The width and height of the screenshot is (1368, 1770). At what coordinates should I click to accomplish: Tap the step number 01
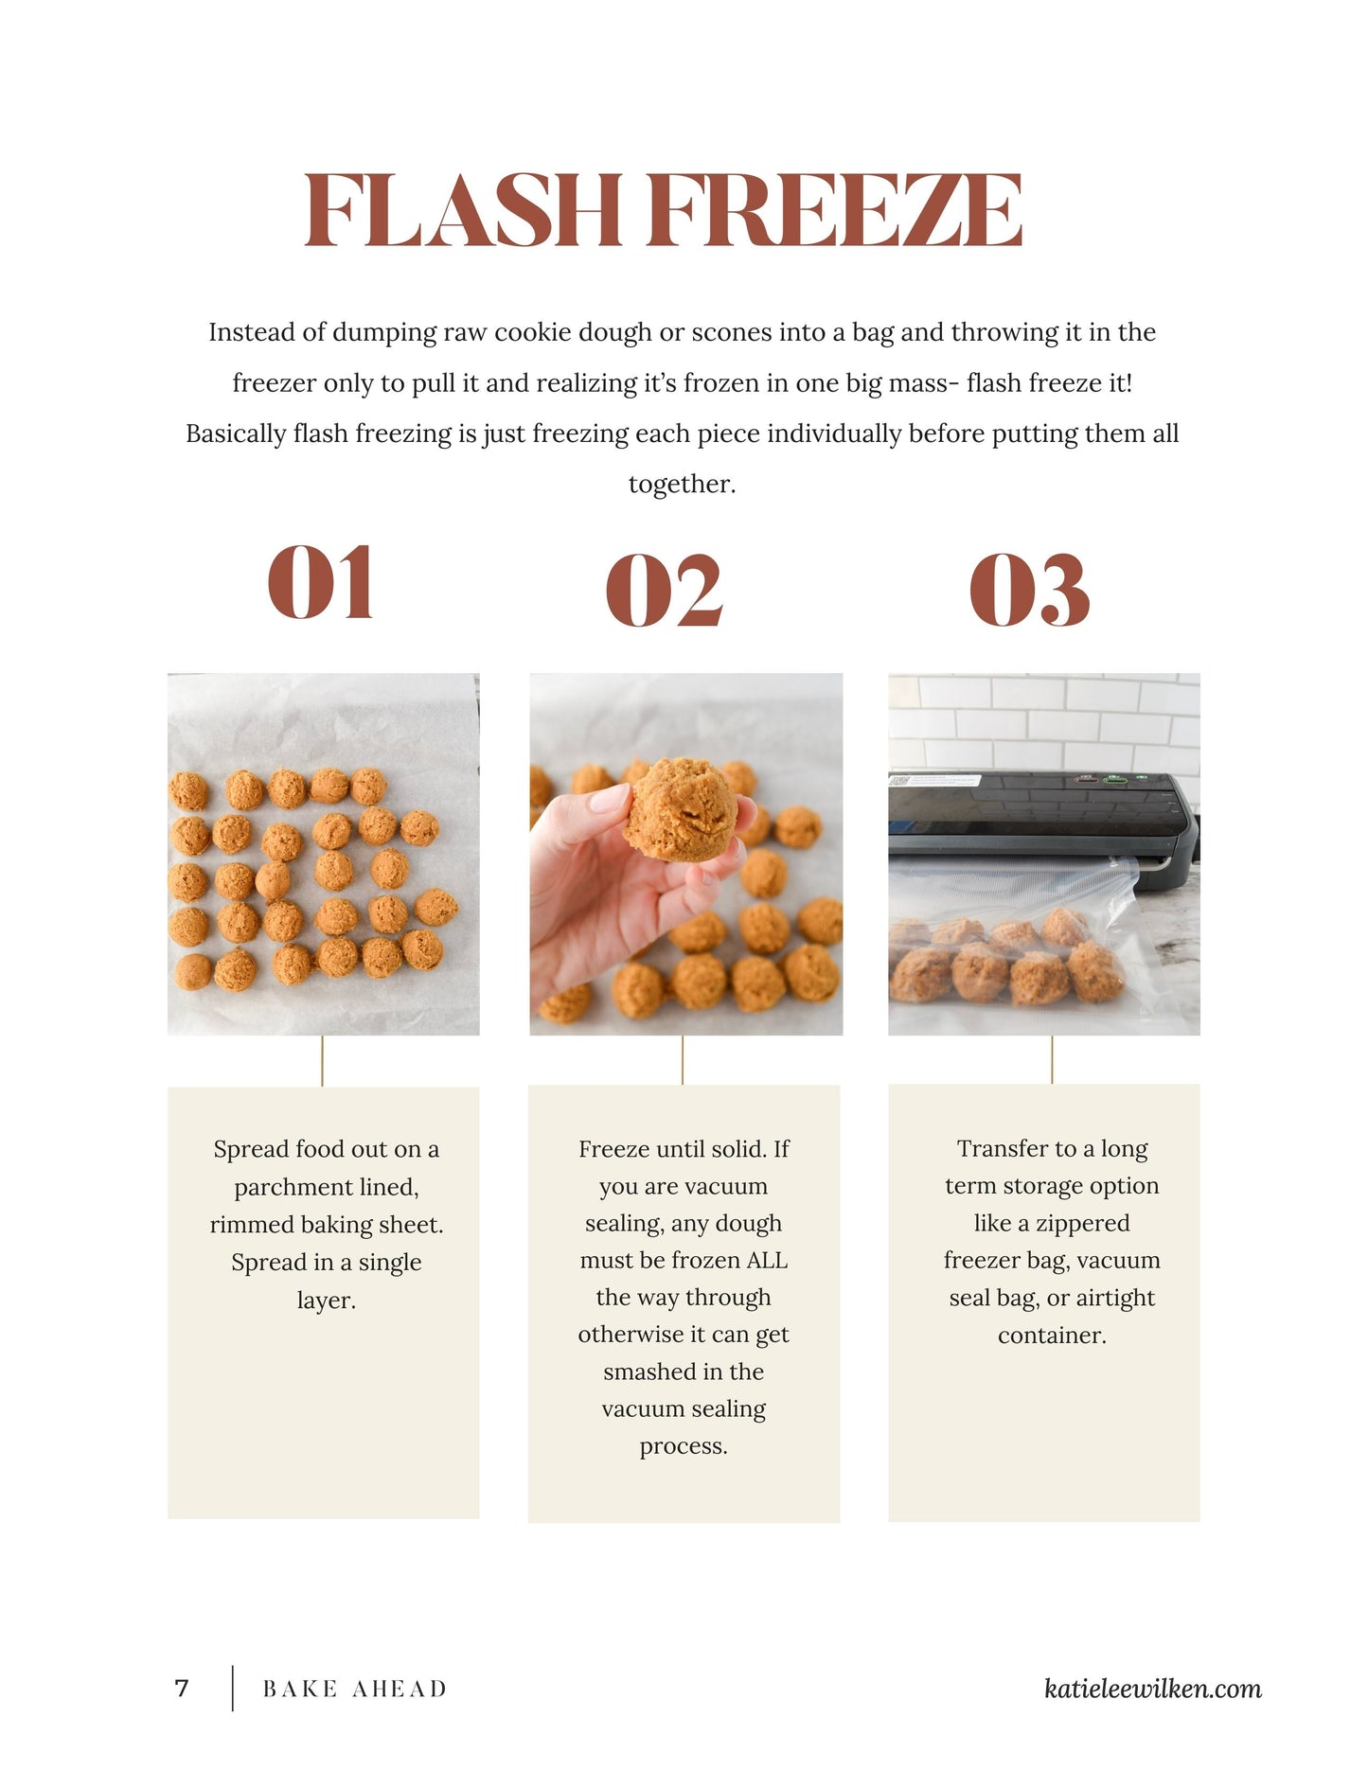click(x=320, y=583)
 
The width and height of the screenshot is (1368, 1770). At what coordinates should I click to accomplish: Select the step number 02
click(x=664, y=591)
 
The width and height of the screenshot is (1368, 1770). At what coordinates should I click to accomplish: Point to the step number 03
click(x=1029, y=591)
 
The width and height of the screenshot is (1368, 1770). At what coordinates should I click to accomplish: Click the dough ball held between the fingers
click(x=680, y=809)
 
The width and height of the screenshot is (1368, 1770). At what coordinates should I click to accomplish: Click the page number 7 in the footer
click(x=182, y=1689)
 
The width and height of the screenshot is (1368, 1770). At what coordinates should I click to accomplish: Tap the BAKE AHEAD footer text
click(x=354, y=1690)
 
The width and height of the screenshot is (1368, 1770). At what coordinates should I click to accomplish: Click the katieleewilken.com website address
click(x=1152, y=1689)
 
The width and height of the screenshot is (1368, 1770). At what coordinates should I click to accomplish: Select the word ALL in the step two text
click(x=767, y=1261)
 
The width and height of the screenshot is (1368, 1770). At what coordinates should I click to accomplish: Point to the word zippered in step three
click(x=1082, y=1224)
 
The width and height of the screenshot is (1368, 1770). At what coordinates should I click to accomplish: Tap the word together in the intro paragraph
click(x=681, y=485)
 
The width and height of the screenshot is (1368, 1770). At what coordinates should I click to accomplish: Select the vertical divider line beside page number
click(x=233, y=1689)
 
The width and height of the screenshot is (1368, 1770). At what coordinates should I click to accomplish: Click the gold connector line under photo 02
click(x=683, y=1060)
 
